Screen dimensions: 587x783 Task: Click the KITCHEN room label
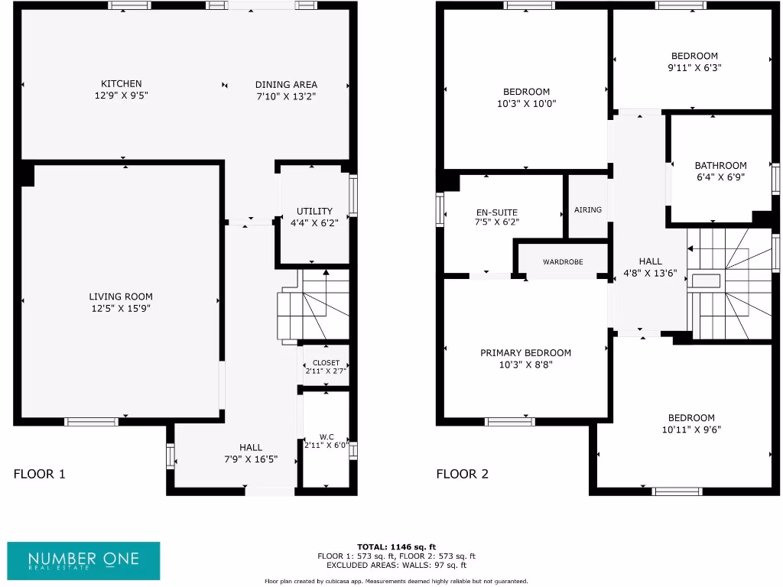pos(122,84)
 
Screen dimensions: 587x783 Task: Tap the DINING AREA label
pos(286,85)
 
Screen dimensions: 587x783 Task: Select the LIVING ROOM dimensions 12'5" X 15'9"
pos(121,309)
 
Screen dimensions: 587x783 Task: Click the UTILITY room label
pos(314,212)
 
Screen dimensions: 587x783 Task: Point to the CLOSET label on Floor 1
pos(326,362)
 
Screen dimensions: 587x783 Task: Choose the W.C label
pos(327,437)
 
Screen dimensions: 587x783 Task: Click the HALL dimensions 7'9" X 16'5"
pos(250,459)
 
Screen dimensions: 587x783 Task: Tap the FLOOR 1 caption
pos(40,474)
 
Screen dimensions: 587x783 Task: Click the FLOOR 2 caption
pos(462,474)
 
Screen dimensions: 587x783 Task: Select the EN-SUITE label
pos(497,212)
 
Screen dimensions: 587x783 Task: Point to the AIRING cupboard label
pos(588,210)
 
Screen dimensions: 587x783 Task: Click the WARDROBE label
pos(563,262)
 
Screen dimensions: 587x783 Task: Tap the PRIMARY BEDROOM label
pos(525,353)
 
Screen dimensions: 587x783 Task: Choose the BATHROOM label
pos(720,166)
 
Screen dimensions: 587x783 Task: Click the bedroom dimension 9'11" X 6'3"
pos(694,67)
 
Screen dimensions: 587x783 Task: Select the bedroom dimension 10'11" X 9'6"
pos(691,430)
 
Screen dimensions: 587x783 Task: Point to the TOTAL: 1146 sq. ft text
pos(396,547)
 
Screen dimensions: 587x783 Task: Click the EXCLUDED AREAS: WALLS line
pos(396,565)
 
